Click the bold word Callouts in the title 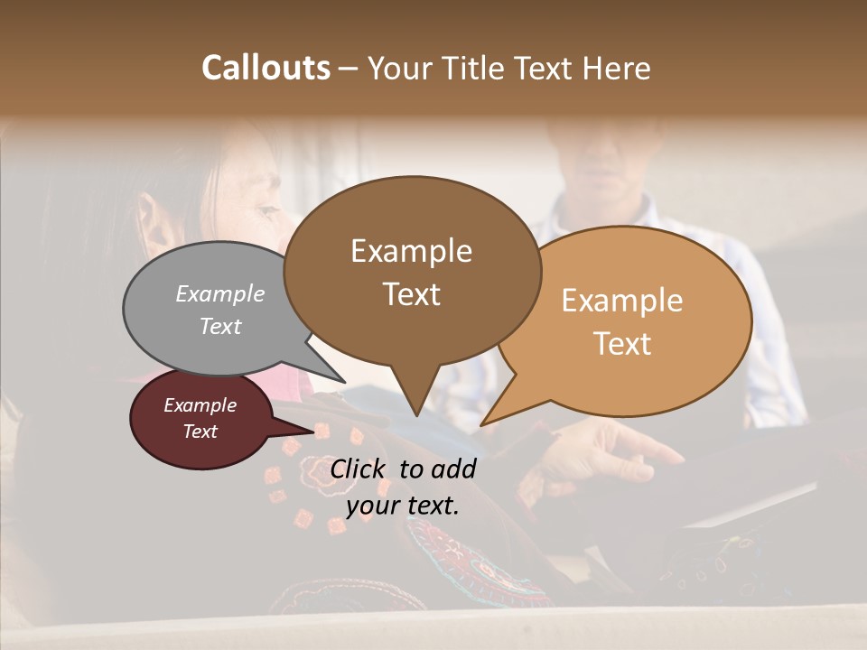266,68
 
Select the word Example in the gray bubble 220,293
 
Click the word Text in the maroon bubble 200,432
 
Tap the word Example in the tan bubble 622,301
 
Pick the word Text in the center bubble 412,294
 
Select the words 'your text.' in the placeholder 403,505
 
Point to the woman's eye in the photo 267,213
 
